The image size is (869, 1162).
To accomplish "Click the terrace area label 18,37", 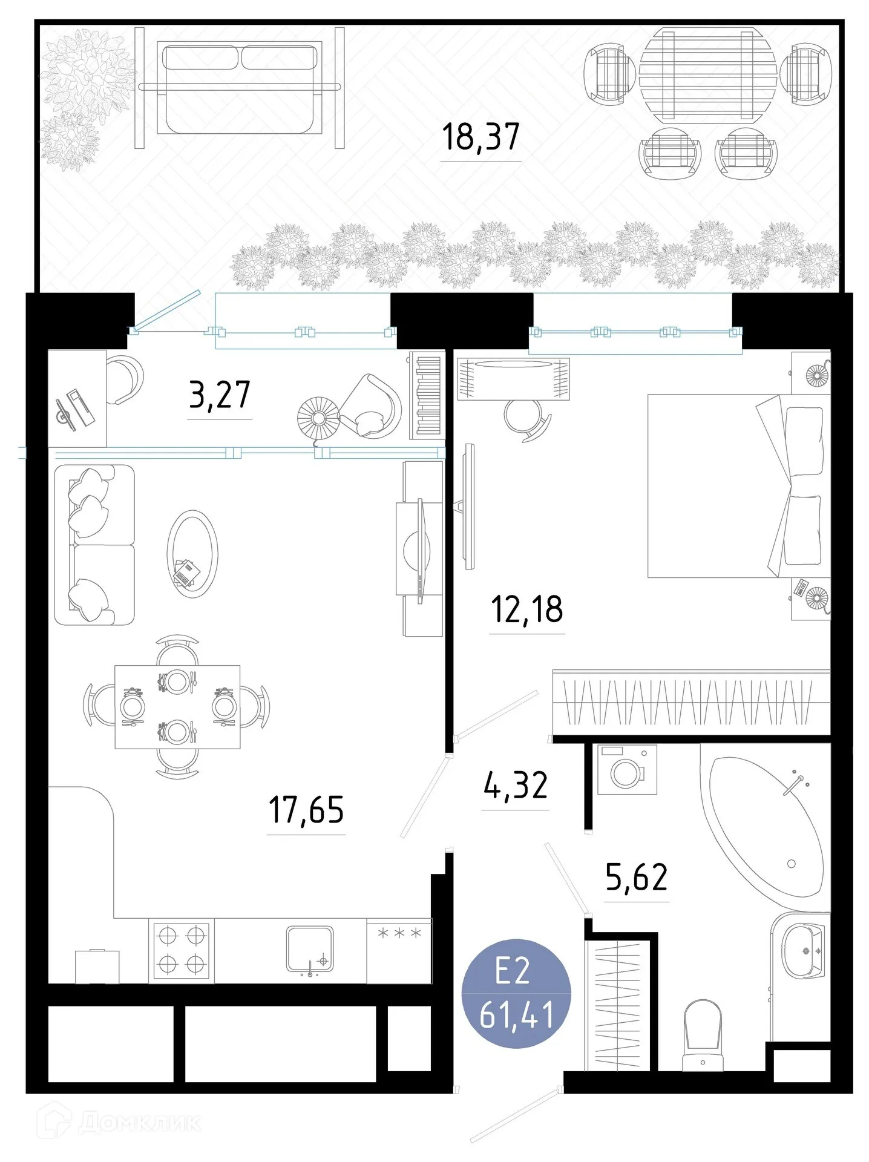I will coord(480,137).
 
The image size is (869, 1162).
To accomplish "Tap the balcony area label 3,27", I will coord(219,395).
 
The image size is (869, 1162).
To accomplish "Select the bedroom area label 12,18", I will coord(526,609).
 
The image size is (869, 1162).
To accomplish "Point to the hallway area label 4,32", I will coord(516,785).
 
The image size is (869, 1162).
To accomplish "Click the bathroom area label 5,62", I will coord(637,877).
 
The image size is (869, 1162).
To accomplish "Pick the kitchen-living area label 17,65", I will coord(306,810).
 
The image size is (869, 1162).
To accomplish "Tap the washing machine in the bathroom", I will coord(626,770).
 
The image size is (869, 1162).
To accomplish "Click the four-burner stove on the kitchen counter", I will coord(181,950).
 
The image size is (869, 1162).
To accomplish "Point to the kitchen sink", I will coord(310,948).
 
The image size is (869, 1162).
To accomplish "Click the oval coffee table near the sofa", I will coord(192,554).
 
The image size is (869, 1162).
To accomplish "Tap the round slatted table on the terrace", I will coord(707,74).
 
